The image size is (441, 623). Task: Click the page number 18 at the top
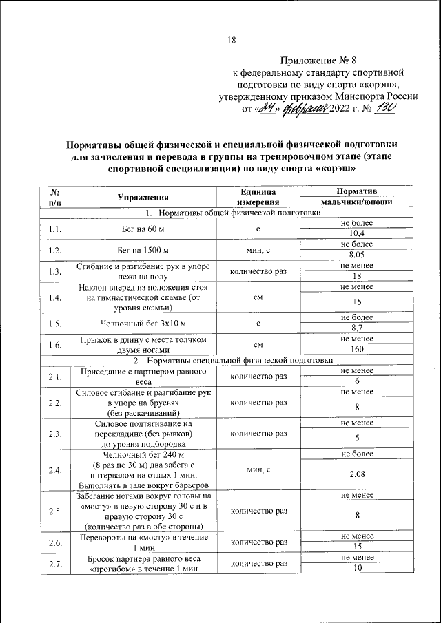tap(232, 41)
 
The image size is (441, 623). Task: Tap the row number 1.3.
tap(55, 271)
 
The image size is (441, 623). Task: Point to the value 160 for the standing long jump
tap(356, 349)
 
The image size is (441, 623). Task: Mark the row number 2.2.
tap(55, 403)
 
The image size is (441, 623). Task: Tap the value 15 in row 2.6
tap(356, 547)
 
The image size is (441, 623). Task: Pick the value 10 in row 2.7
tap(356, 568)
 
